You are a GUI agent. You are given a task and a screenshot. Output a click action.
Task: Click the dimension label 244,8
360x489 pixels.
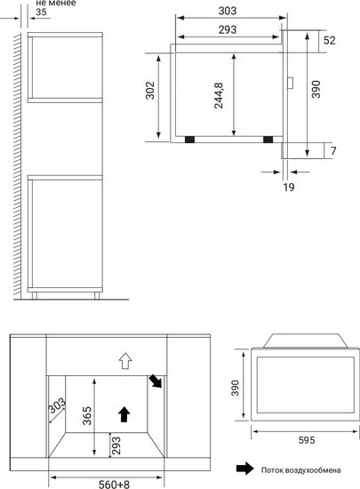(x=219, y=95)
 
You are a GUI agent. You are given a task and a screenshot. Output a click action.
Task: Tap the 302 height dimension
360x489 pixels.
(x=150, y=90)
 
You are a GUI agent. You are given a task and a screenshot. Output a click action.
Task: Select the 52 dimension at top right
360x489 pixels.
(x=330, y=40)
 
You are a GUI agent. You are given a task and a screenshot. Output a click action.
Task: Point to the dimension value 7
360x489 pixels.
(x=333, y=150)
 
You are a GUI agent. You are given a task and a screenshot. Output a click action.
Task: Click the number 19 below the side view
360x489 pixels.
(x=289, y=187)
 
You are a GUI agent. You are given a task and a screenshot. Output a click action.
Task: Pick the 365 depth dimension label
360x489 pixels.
(x=87, y=415)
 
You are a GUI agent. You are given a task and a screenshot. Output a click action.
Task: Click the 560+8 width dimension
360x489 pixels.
(x=114, y=484)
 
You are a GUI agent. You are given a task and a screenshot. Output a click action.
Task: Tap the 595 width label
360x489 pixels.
(x=307, y=440)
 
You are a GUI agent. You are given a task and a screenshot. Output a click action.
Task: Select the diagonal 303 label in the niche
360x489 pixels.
(x=57, y=405)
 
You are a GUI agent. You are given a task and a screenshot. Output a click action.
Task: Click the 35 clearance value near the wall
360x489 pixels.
(x=41, y=12)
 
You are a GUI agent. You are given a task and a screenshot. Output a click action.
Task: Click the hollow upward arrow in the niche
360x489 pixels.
(x=125, y=361)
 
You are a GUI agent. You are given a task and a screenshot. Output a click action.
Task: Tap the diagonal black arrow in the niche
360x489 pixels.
(x=156, y=381)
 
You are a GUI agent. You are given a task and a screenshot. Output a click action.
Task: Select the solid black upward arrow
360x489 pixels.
(x=124, y=414)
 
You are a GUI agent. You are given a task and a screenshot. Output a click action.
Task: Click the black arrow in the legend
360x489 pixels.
(x=245, y=469)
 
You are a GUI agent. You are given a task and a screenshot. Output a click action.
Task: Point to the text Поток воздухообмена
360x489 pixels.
(x=300, y=470)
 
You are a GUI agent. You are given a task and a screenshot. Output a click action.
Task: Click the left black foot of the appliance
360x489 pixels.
(x=190, y=140)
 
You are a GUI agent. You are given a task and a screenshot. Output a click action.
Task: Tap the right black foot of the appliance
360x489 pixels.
(x=268, y=140)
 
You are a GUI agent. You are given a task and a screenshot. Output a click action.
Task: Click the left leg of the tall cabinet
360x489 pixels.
(x=35, y=296)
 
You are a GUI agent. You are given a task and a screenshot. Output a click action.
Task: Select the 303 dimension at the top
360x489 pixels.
(x=228, y=11)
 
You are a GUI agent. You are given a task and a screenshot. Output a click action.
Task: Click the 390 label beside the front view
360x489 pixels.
(x=235, y=388)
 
